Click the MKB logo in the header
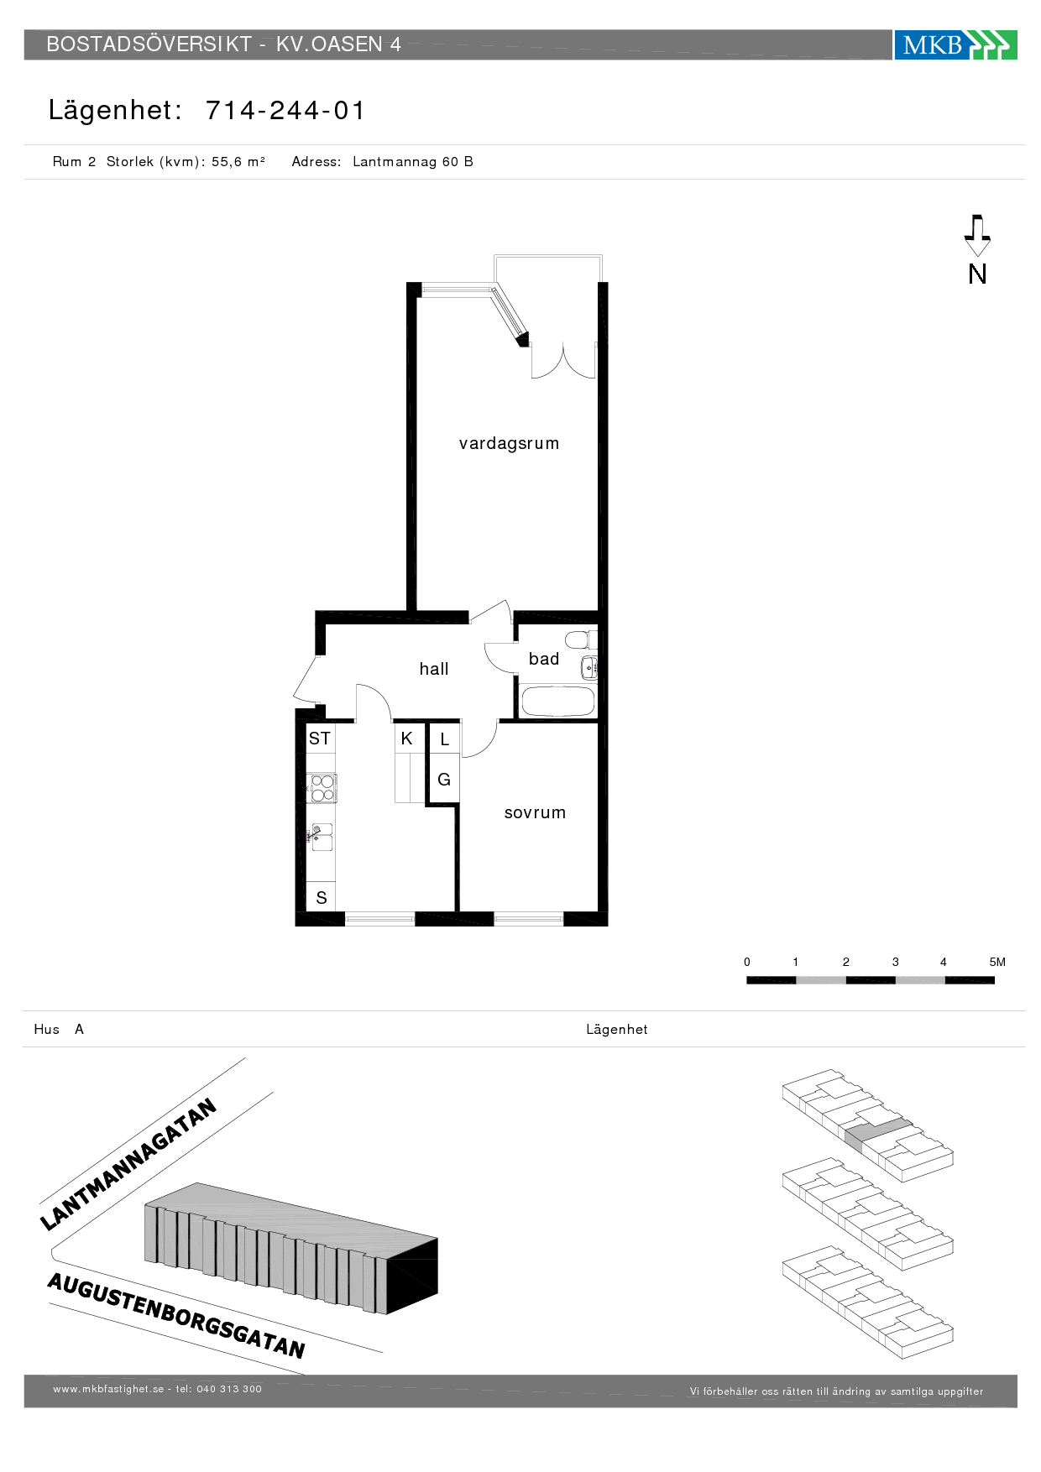(955, 44)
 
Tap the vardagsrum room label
(509, 444)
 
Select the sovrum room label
(535, 812)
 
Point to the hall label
(434, 669)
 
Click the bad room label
(544, 659)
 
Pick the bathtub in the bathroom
(558, 702)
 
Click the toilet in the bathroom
(579, 639)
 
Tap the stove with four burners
(322, 787)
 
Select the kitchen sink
(322, 837)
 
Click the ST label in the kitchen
(320, 739)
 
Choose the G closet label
(444, 780)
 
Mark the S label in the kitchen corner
(322, 898)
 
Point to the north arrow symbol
(977, 236)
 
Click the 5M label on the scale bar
(997, 962)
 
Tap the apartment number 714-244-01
(285, 110)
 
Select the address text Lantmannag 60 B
(413, 162)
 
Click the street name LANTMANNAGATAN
(128, 1164)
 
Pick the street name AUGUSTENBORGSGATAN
(176, 1315)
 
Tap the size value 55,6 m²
(238, 162)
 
